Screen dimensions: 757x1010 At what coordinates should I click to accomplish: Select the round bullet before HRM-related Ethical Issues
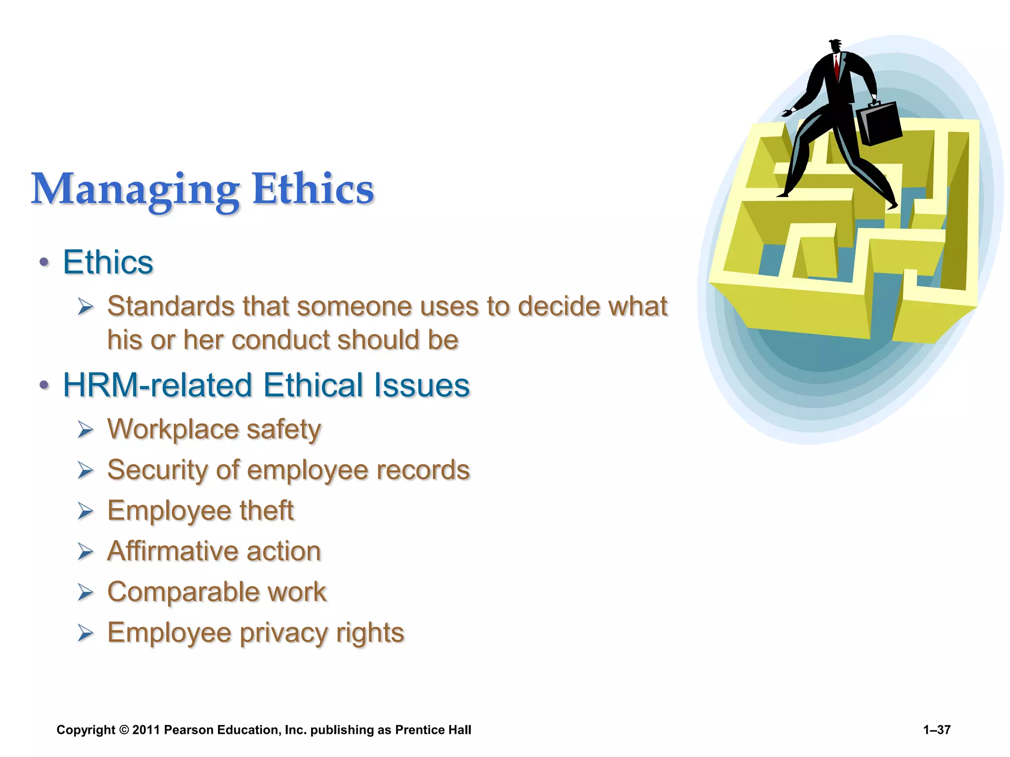pos(44,385)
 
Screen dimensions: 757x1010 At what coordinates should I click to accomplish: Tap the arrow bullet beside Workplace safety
pos(85,430)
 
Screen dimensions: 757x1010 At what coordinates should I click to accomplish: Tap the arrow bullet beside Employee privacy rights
pos(85,633)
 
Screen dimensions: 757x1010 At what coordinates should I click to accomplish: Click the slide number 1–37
pos(937,730)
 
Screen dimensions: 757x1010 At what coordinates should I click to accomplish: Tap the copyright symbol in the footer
pos(124,730)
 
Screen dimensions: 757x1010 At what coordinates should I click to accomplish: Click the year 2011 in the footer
pos(146,730)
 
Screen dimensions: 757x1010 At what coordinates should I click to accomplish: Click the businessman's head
pos(835,46)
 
